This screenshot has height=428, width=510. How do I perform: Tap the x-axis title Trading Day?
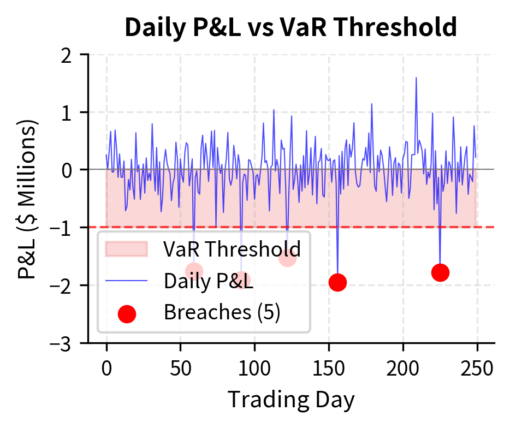coord(290,399)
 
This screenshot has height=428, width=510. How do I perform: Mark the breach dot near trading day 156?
coord(338,282)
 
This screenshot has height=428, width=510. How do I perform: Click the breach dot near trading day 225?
coord(440,272)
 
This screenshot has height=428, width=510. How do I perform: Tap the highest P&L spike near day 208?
coord(416,78)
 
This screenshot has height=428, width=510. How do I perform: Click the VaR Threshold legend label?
coord(232,249)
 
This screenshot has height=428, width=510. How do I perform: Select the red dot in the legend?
coord(127,313)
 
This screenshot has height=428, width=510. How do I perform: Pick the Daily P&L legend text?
coord(208,281)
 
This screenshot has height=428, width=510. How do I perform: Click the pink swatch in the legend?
coord(127,249)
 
